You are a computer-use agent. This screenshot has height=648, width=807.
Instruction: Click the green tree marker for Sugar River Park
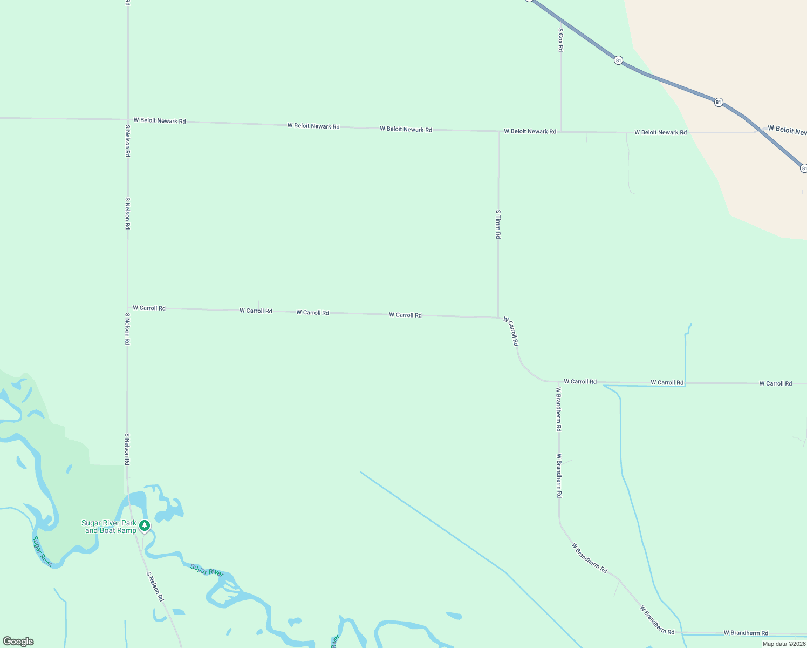[144, 525]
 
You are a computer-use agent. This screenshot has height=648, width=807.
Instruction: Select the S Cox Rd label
[560, 40]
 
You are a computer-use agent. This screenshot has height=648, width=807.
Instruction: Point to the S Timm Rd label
[498, 224]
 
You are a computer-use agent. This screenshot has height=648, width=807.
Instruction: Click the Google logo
[18, 642]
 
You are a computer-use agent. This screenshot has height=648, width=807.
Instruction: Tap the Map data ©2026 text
[783, 644]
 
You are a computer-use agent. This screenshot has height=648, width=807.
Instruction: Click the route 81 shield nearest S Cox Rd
[618, 60]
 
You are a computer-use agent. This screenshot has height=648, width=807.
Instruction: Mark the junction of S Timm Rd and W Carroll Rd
[498, 318]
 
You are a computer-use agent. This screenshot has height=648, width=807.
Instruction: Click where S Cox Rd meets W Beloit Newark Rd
[560, 131]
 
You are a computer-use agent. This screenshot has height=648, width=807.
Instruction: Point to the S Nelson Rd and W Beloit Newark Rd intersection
[128, 119]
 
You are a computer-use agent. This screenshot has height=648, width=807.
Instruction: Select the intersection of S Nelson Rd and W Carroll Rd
[128, 308]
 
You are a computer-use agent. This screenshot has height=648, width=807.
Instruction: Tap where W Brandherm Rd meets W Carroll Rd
[559, 382]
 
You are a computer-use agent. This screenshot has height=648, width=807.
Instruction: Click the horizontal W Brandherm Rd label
[746, 633]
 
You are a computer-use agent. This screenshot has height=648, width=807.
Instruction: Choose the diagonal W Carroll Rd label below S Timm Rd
[511, 331]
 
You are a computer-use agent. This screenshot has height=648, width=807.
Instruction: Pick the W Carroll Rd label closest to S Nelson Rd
[149, 308]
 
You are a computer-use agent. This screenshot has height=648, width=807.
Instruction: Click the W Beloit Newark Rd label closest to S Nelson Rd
[160, 120]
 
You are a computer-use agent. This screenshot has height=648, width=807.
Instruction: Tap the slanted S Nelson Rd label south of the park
[155, 586]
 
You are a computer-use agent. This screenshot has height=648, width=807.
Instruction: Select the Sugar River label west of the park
[42, 551]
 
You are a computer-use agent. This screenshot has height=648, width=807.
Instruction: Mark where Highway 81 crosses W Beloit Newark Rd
[759, 130]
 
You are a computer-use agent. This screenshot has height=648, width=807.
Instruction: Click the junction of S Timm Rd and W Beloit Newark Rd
[498, 131]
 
